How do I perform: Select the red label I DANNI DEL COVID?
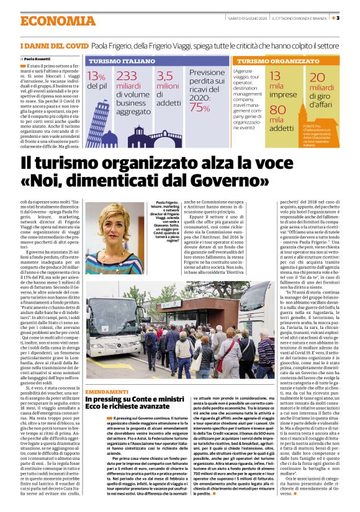pos(54,47)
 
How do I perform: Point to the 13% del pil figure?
pos(96,81)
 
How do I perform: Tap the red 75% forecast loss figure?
pos(200,107)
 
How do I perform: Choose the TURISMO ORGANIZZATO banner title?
pos(269,62)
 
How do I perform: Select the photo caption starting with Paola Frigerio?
pos(163,217)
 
